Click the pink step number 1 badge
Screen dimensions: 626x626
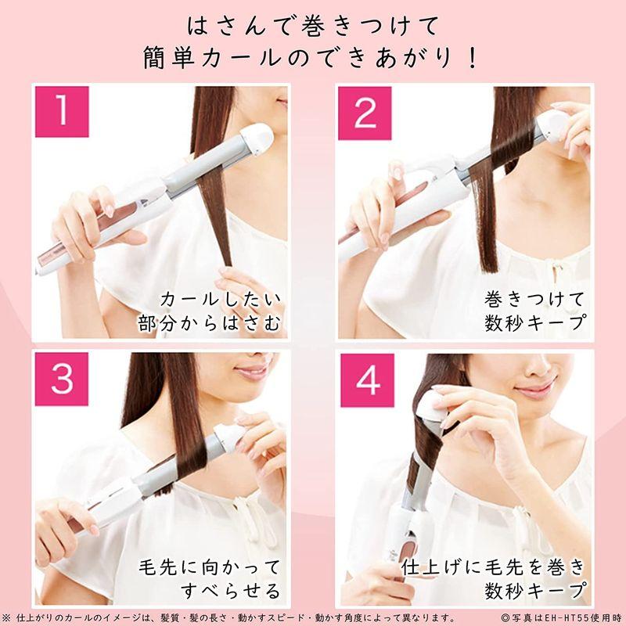click(62, 112)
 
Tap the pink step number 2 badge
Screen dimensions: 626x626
click(365, 113)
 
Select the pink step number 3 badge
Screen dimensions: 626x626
click(62, 379)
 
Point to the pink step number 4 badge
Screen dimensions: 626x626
click(367, 380)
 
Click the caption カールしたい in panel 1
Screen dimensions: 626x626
click(221, 300)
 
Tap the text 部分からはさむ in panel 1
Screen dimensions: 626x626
click(210, 323)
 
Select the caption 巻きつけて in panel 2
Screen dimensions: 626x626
click(534, 300)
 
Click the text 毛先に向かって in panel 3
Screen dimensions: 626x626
click(210, 567)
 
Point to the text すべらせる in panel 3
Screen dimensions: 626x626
click(231, 591)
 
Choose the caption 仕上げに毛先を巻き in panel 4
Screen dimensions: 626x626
click(494, 567)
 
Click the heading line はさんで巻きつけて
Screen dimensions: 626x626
click(313, 27)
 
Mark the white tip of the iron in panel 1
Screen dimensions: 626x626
click(257, 139)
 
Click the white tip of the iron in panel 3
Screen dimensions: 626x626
click(230, 437)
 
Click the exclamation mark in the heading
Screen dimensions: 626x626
click(473, 58)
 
